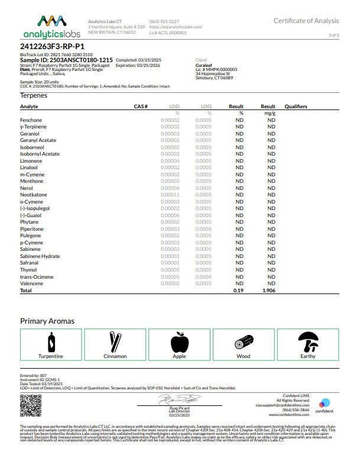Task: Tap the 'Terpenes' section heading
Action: point(34,95)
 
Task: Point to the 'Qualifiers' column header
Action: point(296,107)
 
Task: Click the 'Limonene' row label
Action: point(31,161)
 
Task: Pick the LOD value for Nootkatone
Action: point(170,195)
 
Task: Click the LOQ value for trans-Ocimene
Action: point(203,276)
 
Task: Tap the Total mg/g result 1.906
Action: point(269,291)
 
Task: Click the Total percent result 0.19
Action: point(239,291)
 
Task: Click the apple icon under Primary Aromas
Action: point(179,342)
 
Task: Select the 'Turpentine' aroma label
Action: point(51,356)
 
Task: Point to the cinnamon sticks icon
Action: point(115,341)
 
